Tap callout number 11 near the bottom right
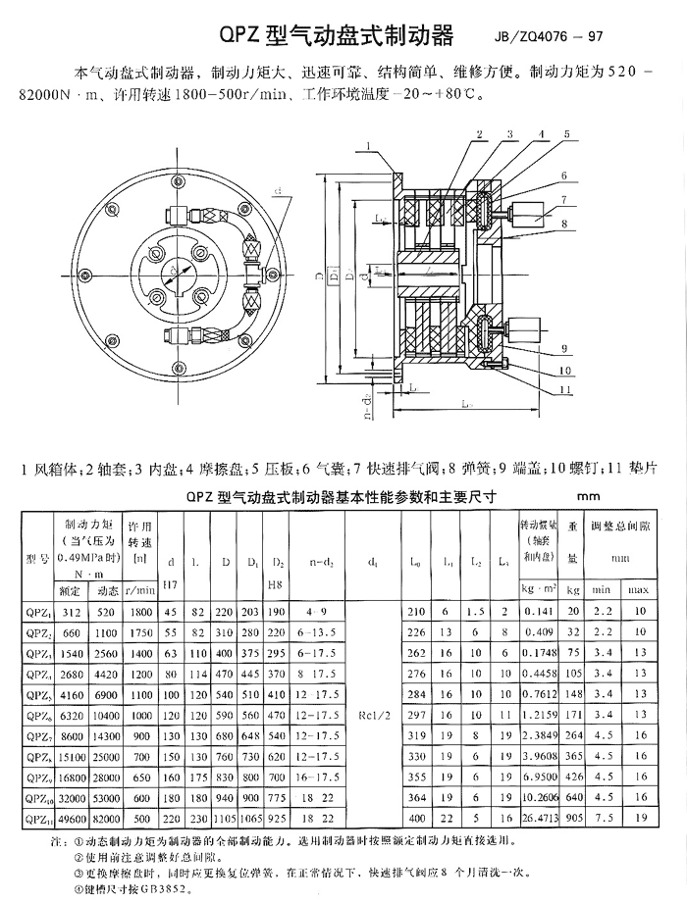(x=567, y=389)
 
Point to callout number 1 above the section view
(x=367, y=146)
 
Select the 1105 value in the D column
(x=226, y=816)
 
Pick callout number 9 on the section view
(x=565, y=348)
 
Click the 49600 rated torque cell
(x=70, y=816)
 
